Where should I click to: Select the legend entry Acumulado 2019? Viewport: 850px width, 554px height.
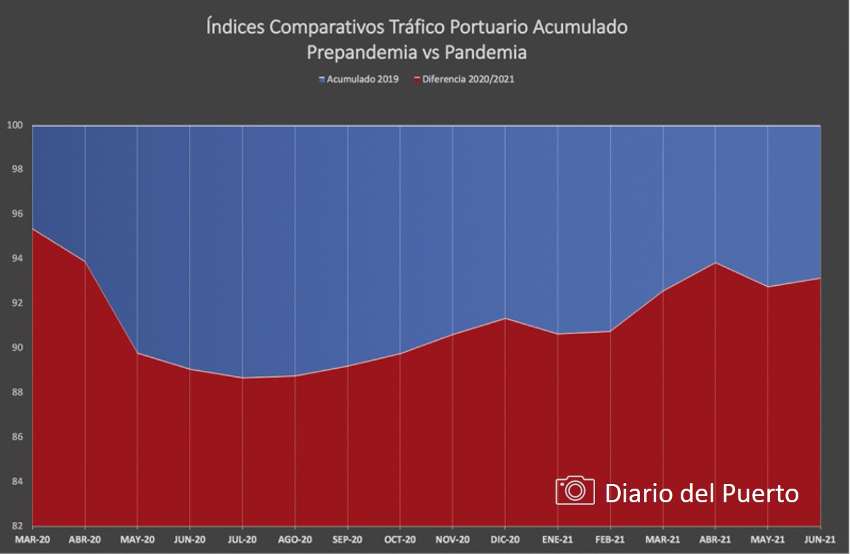click(x=360, y=79)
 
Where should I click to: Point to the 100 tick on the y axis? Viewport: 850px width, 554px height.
click(x=15, y=125)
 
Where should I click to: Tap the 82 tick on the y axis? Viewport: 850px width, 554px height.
click(x=15, y=526)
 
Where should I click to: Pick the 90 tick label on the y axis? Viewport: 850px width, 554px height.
click(x=15, y=348)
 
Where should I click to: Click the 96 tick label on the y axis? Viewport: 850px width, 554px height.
click(x=15, y=214)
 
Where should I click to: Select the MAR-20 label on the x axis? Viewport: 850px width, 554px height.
click(x=32, y=540)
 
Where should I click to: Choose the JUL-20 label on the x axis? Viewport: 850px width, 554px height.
click(x=242, y=540)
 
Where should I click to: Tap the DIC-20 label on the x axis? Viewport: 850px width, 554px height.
click(x=505, y=540)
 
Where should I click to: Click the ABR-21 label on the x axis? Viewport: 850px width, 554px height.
click(x=715, y=540)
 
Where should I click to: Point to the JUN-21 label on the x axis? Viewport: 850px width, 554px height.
click(x=820, y=540)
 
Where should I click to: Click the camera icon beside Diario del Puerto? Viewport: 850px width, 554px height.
click(x=575, y=491)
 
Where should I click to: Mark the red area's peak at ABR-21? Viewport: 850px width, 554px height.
click(x=715, y=263)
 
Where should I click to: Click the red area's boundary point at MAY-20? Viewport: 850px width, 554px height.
click(x=137, y=353)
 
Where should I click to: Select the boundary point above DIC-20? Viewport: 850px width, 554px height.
click(x=505, y=318)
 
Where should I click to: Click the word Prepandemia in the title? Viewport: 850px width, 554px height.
click(x=358, y=52)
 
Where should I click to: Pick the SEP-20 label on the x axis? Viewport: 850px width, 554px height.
click(x=347, y=540)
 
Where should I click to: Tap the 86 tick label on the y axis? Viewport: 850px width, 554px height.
click(x=15, y=437)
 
